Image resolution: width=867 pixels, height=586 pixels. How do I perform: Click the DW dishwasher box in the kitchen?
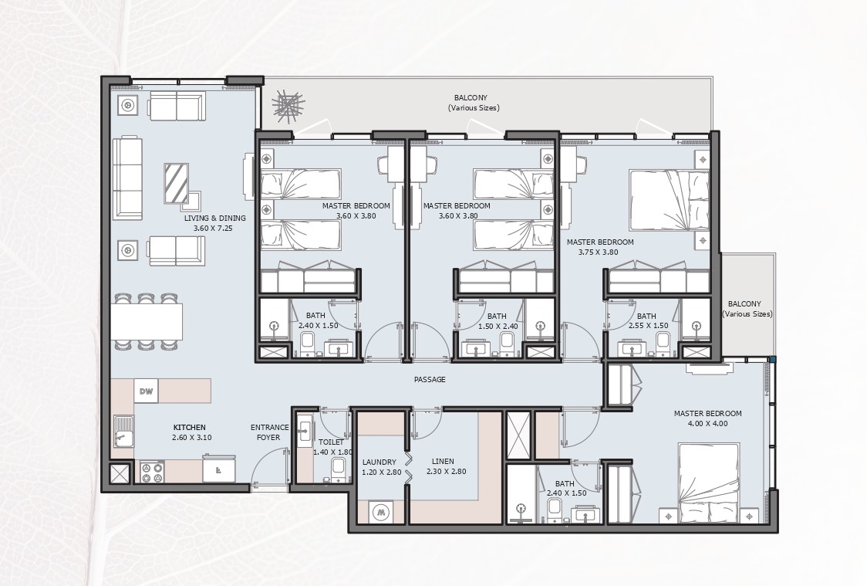146,391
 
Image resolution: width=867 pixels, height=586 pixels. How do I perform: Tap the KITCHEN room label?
189,427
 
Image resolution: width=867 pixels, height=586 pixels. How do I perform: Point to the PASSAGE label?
430,380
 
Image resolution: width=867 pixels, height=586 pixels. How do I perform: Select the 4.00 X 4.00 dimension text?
707,423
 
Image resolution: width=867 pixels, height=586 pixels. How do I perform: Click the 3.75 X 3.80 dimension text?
600,252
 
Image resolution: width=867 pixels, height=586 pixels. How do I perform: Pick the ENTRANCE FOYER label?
269,432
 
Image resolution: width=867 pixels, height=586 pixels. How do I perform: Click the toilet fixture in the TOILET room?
338,468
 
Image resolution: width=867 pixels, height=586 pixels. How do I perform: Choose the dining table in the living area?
147,321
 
